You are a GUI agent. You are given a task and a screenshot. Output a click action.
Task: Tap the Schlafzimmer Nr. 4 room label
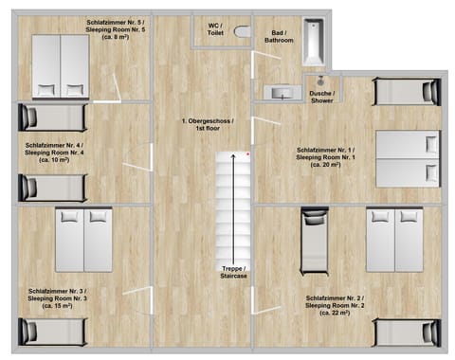point(55,152)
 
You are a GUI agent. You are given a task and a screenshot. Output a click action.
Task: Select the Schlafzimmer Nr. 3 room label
point(57,298)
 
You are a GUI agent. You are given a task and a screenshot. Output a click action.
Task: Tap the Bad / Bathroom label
point(279,36)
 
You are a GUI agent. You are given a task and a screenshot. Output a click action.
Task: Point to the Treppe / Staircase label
point(234,271)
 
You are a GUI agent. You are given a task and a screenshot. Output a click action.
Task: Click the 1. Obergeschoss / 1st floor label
point(208,125)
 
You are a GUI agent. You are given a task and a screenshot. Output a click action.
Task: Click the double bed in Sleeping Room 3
point(83,239)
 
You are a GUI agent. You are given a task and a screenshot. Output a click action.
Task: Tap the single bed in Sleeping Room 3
point(54,331)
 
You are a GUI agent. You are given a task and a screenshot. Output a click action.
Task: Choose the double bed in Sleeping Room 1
point(408,158)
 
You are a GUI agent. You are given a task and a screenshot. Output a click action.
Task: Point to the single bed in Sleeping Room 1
point(406,92)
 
